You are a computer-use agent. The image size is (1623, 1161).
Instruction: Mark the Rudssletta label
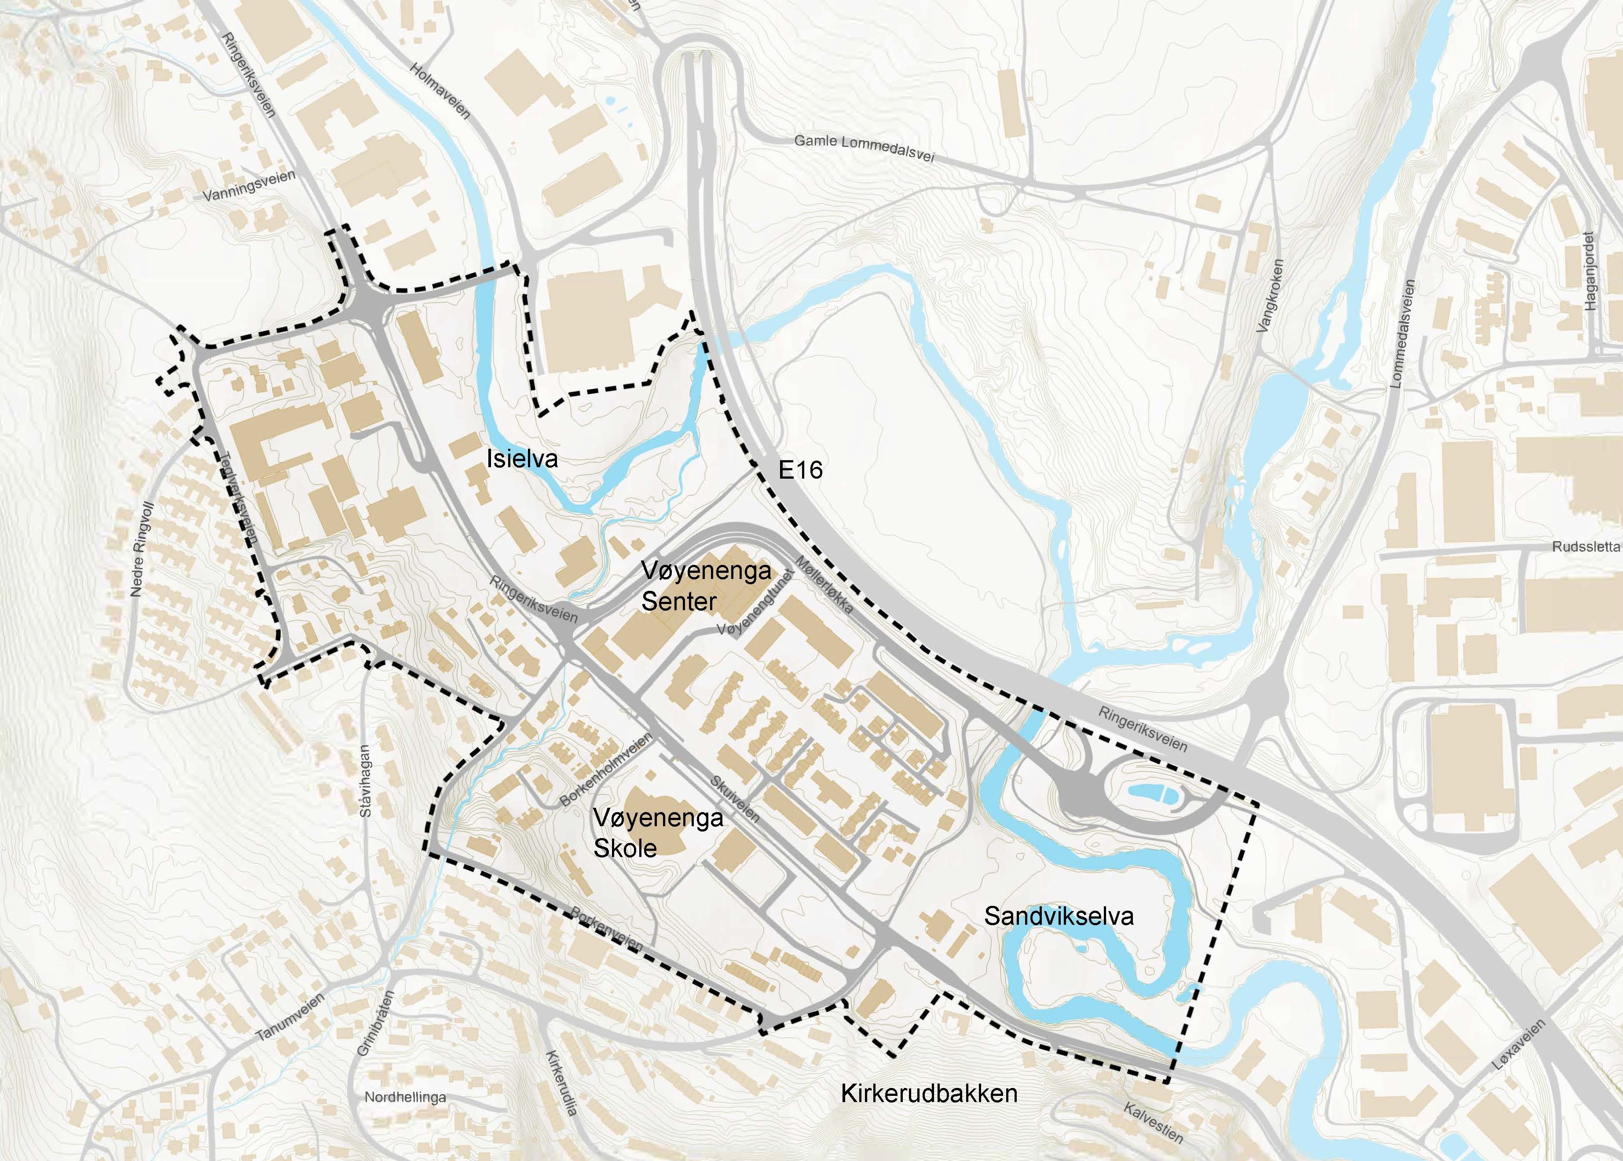(x=1584, y=548)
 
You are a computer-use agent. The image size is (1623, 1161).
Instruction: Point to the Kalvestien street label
(x=1152, y=1122)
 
